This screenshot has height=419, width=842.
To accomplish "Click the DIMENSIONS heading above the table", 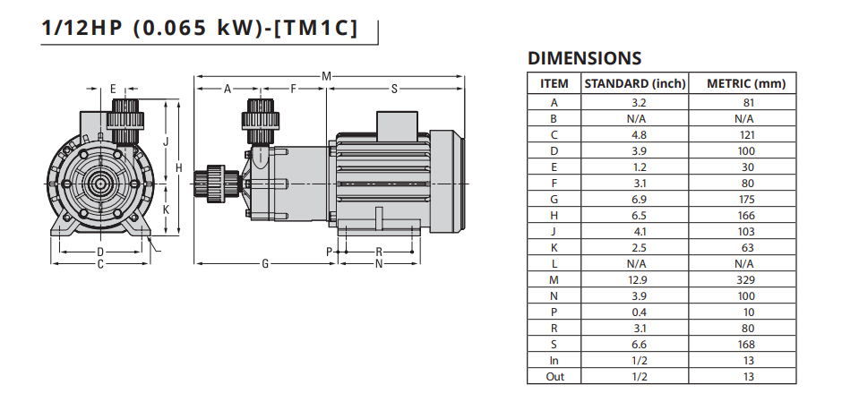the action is tap(584, 58).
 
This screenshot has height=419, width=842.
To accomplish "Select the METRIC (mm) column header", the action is tap(746, 83).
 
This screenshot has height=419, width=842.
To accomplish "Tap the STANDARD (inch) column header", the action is tap(635, 83).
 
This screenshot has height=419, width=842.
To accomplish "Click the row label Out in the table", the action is tap(554, 377).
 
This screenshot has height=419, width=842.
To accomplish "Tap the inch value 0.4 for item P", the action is tap(639, 312).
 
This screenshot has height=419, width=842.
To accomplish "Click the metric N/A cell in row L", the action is tap(743, 264).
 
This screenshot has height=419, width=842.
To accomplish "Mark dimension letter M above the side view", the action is tap(326, 77).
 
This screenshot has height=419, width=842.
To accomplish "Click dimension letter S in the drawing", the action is tap(393, 89).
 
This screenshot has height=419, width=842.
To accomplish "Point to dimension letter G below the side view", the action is tap(265, 264).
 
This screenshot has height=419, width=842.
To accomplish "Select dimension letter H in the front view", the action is tap(179, 168).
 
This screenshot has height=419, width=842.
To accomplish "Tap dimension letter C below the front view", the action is tap(100, 264).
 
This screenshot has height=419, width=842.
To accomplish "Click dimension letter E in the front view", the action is tap(113, 89).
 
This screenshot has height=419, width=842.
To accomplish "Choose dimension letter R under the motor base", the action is tap(379, 252).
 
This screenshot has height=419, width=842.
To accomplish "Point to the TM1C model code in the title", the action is tap(315, 29).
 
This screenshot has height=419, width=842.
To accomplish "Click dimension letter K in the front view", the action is tap(166, 209).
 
